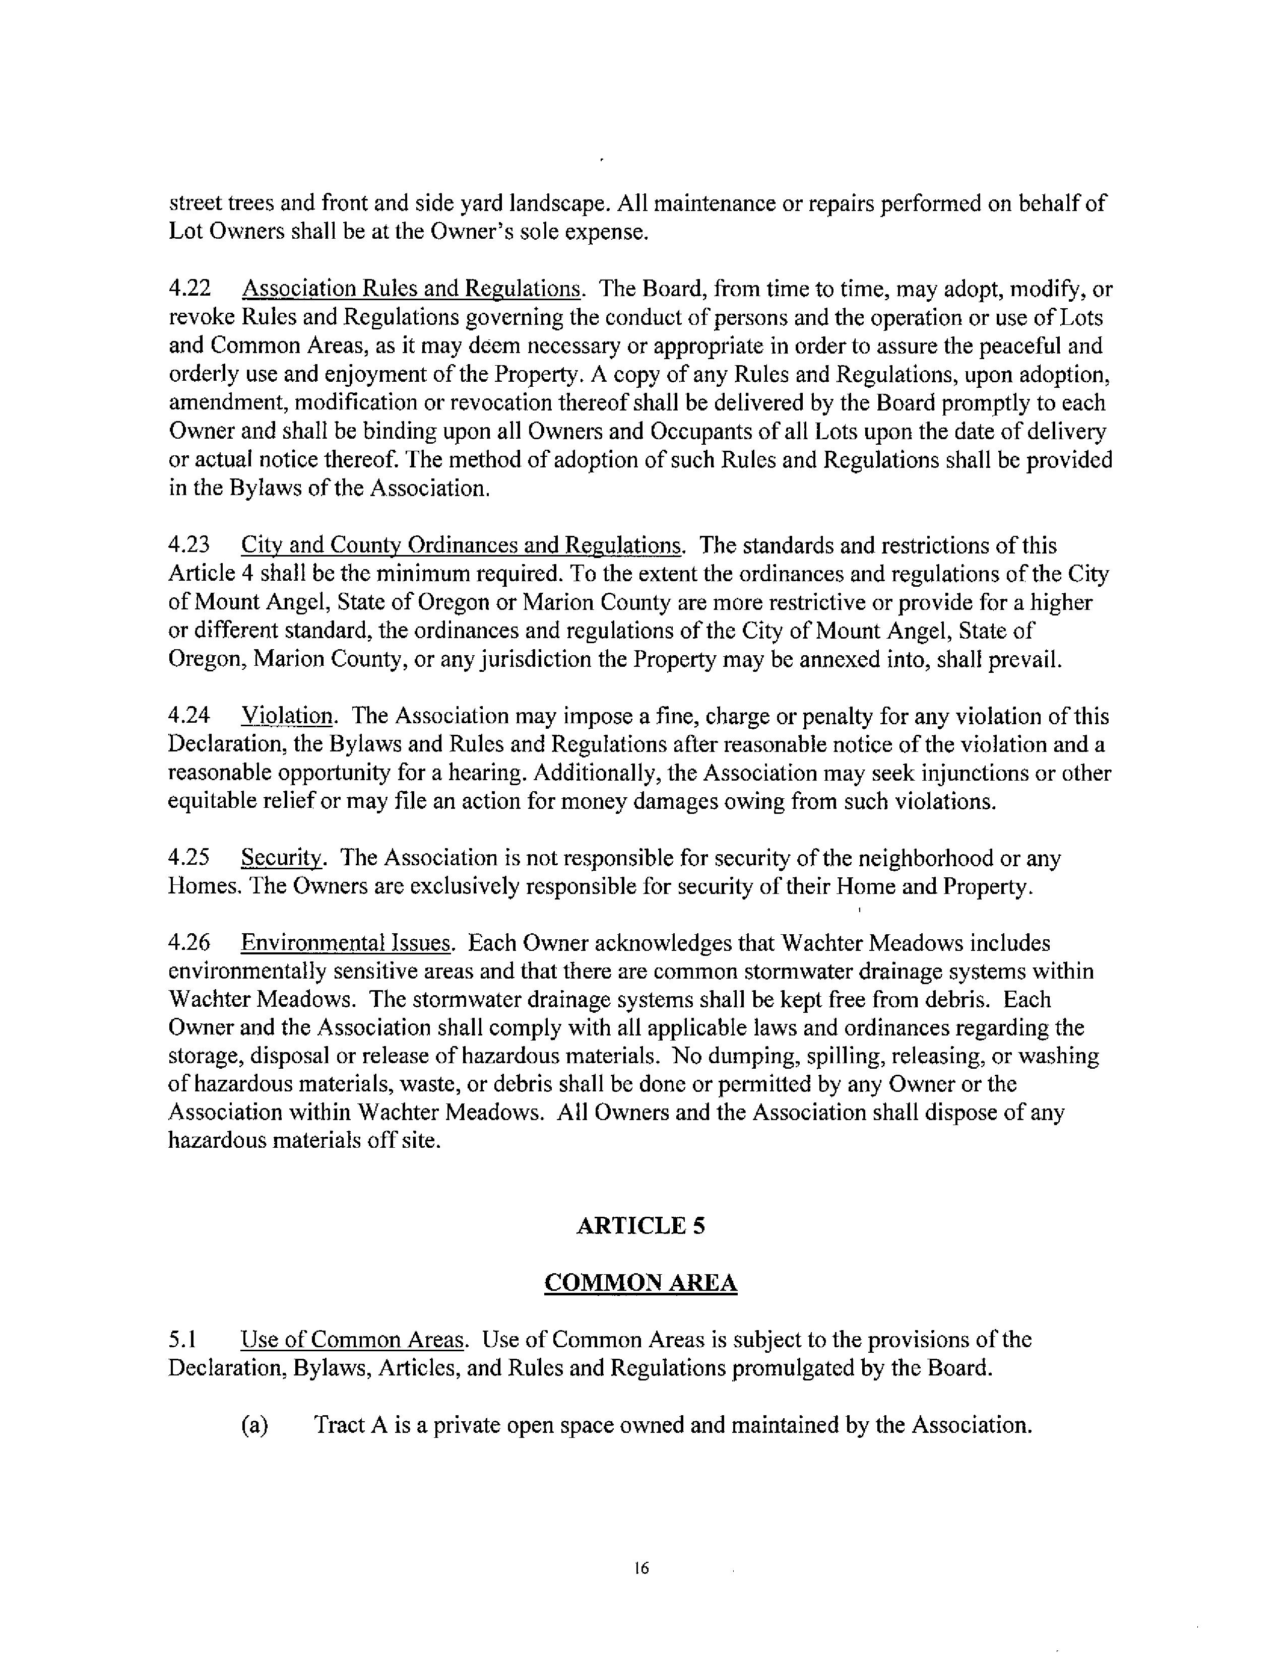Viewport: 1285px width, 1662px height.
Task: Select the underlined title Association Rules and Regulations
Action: pos(412,289)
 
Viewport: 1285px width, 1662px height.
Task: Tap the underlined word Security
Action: pos(282,858)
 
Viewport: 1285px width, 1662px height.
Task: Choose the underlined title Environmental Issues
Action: pos(346,944)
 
